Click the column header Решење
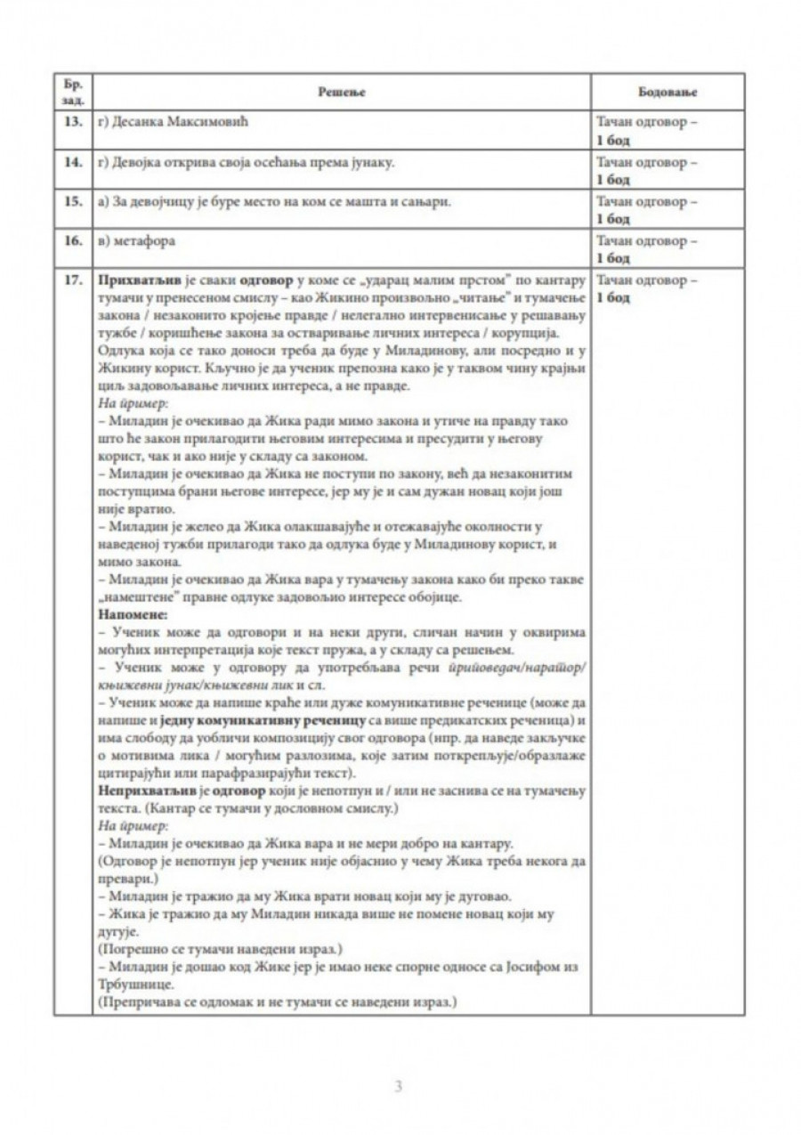tap(343, 92)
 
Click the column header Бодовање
tap(667, 92)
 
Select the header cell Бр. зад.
tap(72, 92)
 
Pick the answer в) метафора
tap(133, 240)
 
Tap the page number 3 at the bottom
tap(399, 1085)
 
